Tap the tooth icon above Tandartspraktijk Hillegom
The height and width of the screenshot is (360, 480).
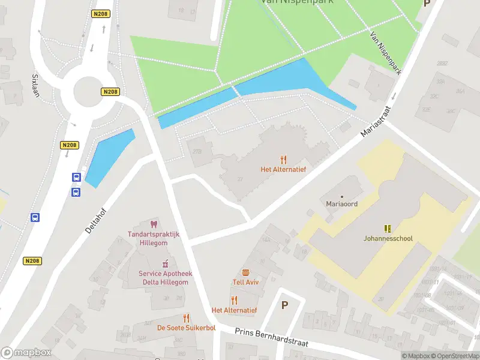[158, 223]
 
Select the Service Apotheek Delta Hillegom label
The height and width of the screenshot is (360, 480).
[165, 278]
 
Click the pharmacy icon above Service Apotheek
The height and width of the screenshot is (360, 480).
[165, 263]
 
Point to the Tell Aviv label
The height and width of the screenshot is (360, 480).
[245, 282]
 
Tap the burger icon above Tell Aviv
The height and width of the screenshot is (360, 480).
[245, 272]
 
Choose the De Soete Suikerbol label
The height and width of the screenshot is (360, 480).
[186, 328]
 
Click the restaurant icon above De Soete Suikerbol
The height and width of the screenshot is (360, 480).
[186, 317]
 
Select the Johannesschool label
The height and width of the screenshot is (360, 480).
[388, 238]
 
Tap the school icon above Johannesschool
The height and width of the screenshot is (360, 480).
[388, 228]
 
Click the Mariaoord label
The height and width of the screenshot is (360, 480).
[342, 204]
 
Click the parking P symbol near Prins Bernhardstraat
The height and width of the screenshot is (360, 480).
[284, 305]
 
